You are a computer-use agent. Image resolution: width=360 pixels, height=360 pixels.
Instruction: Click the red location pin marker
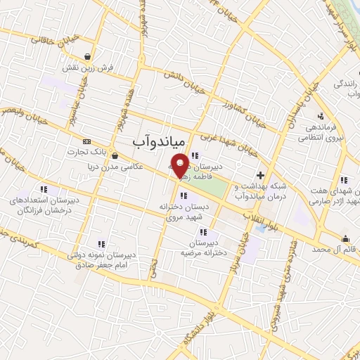pos(181,166)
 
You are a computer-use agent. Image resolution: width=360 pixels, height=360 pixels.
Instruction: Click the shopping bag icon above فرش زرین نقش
pos(86,57)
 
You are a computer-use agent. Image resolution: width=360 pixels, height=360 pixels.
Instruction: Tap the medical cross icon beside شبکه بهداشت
pos(261,175)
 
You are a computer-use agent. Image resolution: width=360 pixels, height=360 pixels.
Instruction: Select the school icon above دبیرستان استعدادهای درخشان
pos(44,188)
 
